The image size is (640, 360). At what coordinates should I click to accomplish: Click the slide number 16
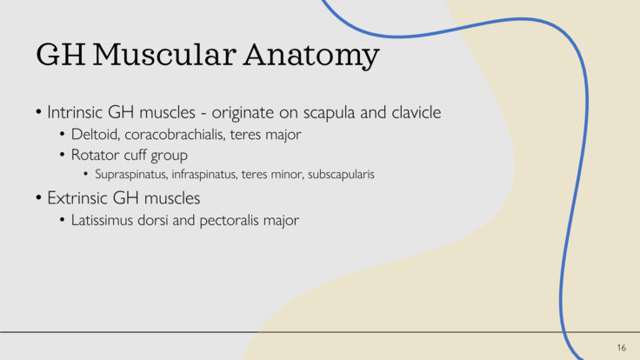[621, 348]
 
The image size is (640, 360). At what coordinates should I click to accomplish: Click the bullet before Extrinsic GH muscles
[39, 197]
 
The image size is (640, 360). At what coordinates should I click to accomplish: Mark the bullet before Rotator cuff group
[63, 156]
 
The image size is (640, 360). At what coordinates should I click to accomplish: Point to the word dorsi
[157, 220]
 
